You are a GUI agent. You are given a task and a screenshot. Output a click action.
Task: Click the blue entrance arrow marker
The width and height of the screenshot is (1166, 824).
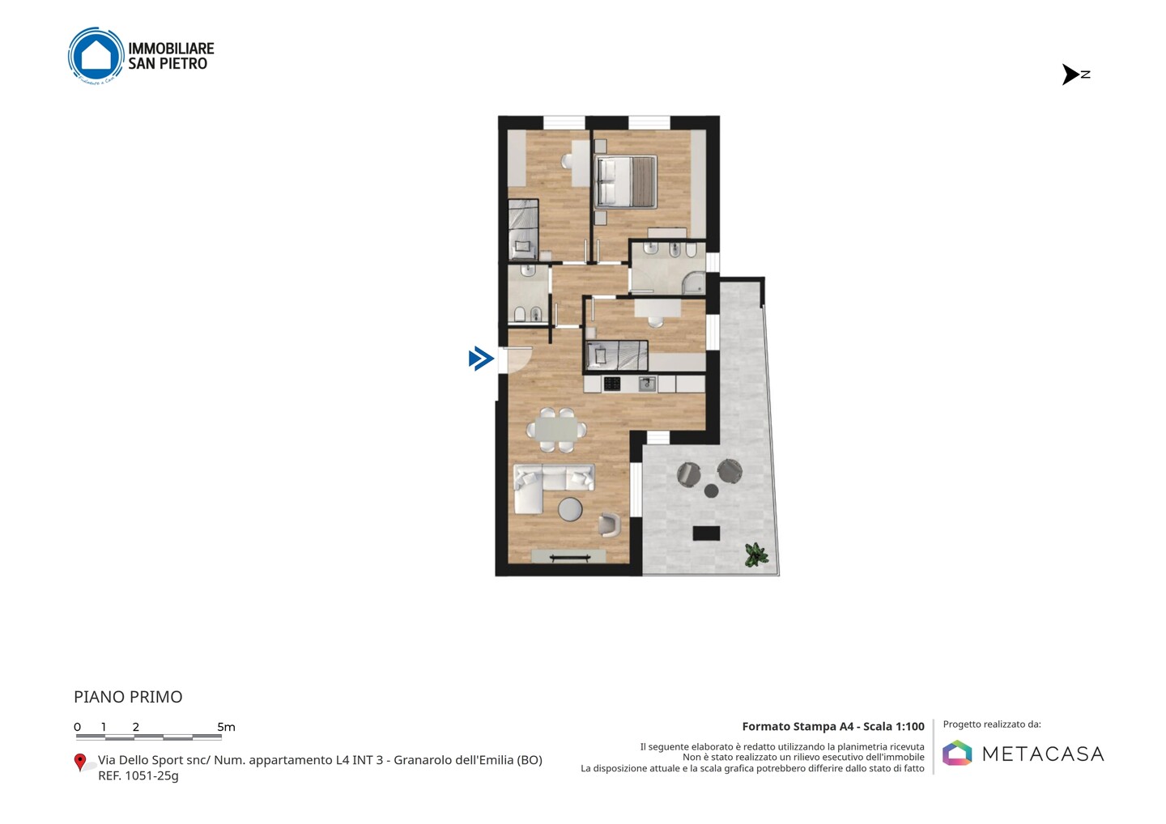point(481,359)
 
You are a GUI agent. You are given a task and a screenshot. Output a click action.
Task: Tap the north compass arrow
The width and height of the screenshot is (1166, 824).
point(1070,74)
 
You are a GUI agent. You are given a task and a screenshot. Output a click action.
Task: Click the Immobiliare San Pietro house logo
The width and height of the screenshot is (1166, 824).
point(96,56)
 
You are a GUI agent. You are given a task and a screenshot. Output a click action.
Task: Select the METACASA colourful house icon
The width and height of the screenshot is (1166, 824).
point(957,753)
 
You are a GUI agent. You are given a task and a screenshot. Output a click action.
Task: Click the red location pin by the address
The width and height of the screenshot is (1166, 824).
point(79,762)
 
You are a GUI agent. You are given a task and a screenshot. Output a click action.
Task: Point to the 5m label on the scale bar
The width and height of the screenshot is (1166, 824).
point(227,727)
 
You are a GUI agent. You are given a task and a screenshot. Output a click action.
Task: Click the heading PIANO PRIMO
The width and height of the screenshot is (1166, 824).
point(128,697)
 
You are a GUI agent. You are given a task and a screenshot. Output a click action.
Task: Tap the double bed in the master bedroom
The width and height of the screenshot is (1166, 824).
point(624,182)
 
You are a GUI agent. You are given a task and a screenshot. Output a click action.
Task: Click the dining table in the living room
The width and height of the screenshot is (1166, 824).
point(556,430)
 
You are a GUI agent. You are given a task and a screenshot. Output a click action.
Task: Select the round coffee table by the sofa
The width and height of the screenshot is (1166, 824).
point(570,509)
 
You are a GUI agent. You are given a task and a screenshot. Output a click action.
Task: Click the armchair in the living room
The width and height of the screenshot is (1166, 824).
point(609,525)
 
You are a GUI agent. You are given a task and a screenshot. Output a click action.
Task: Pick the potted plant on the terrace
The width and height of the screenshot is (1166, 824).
point(755,554)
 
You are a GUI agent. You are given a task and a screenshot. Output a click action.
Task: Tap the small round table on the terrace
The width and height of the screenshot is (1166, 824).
point(711,491)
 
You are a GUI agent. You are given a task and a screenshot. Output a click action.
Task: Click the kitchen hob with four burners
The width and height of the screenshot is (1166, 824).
point(611,384)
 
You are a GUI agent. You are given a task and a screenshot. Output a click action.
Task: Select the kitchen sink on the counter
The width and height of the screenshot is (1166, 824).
point(647,384)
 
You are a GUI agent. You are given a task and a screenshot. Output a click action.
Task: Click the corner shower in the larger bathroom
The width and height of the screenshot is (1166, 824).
point(694,283)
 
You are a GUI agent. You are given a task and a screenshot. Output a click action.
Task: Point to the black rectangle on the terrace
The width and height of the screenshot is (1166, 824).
point(706,533)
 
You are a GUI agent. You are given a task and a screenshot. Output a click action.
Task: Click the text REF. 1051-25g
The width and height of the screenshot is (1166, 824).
point(138,775)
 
